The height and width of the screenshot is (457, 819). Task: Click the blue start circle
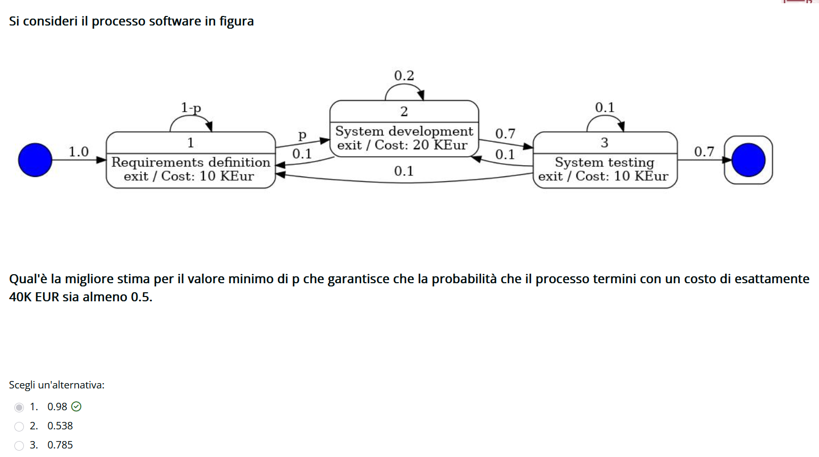click(x=35, y=160)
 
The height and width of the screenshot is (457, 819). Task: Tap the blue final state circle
click(x=748, y=160)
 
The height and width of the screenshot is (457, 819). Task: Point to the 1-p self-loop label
click(x=191, y=108)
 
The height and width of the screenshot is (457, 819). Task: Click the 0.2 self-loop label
click(x=404, y=76)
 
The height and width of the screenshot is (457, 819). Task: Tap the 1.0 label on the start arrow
click(x=79, y=152)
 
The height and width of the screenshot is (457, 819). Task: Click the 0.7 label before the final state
click(x=704, y=152)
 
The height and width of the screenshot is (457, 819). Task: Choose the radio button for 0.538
click(x=19, y=426)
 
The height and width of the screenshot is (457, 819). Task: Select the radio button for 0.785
click(x=19, y=445)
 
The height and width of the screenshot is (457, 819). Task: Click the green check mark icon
click(x=76, y=407)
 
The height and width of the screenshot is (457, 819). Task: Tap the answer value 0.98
click(x=57, y=407)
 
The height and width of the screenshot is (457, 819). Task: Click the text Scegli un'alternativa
click(x=56, y=385)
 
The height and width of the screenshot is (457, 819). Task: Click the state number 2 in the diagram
click(x=404, y=112)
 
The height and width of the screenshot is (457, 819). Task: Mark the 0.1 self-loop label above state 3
click(x=604, y=108)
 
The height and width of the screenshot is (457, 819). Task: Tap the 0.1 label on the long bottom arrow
click(x=404, y=171)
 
